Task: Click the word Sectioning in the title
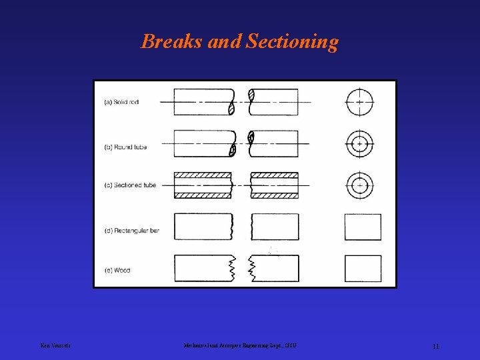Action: (292, 43)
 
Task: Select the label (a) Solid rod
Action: (121, 102)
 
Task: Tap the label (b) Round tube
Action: (125, 147)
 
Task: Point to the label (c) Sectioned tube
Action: (130, 185)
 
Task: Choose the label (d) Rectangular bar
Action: (131, 231)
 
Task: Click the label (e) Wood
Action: (117, 270)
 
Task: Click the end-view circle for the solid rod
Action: (359, 102)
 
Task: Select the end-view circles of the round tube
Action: (359, 144)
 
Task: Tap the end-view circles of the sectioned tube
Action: (359, 185)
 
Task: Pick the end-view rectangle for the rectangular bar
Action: (363, 227)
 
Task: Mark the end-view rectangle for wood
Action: (363, 268)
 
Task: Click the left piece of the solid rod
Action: (203, 102)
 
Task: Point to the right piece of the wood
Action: (275, 268)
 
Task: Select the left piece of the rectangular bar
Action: (203, 227)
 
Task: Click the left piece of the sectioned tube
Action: (203, 185)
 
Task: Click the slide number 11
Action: (435, 346)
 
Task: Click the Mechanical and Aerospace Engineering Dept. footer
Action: (239, 345)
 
